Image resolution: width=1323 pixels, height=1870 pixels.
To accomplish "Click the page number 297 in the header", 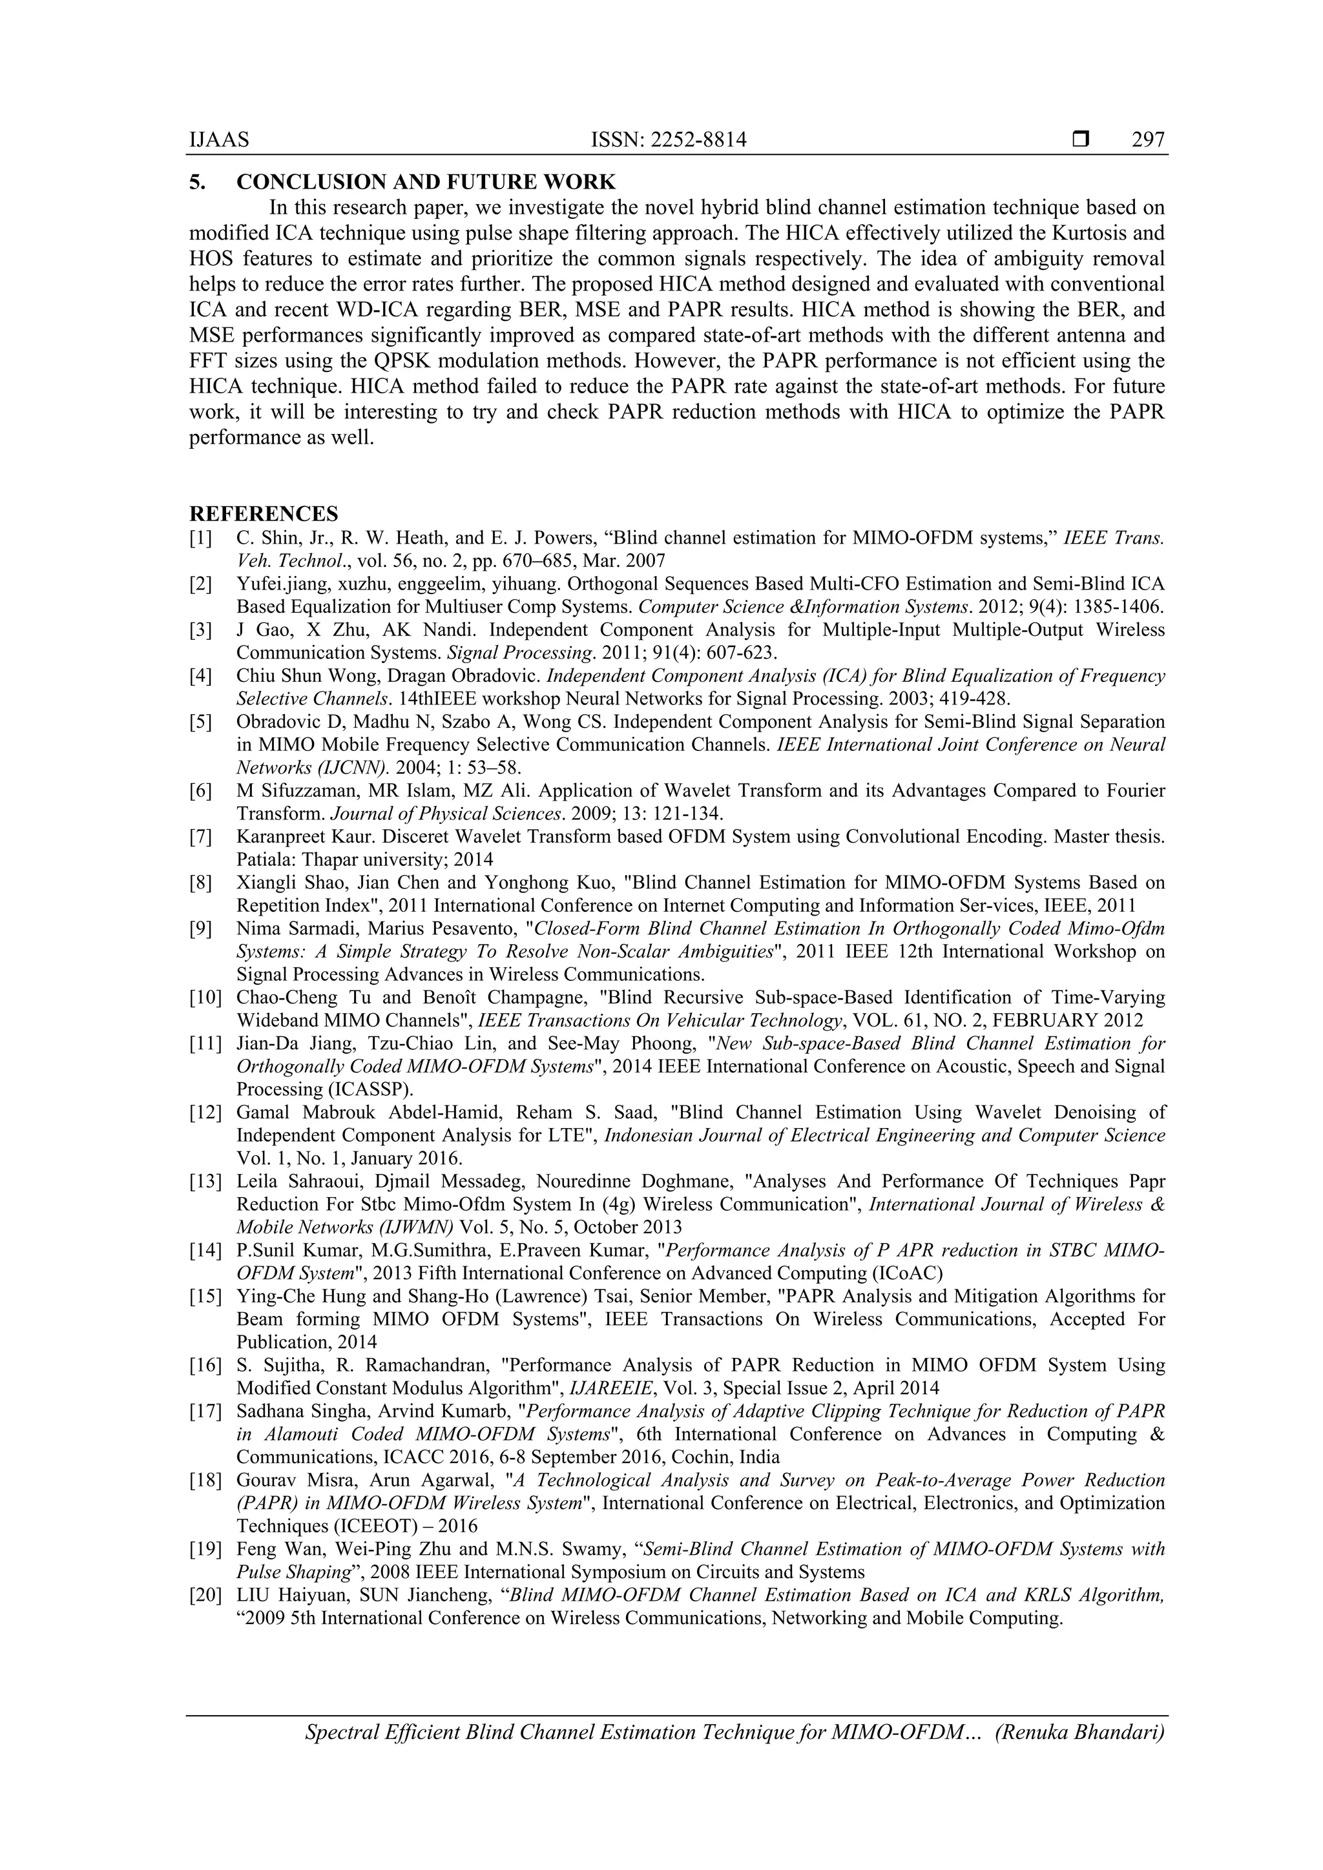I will click(1148, 140).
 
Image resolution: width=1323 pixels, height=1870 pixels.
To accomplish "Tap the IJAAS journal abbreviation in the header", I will click(219, 140).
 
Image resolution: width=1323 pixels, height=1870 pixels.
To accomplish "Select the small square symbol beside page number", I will click(1080, 140).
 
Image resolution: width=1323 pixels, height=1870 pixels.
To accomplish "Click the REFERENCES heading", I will click(263, 514).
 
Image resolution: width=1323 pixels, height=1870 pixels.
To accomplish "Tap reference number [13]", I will click(205, 1182).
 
